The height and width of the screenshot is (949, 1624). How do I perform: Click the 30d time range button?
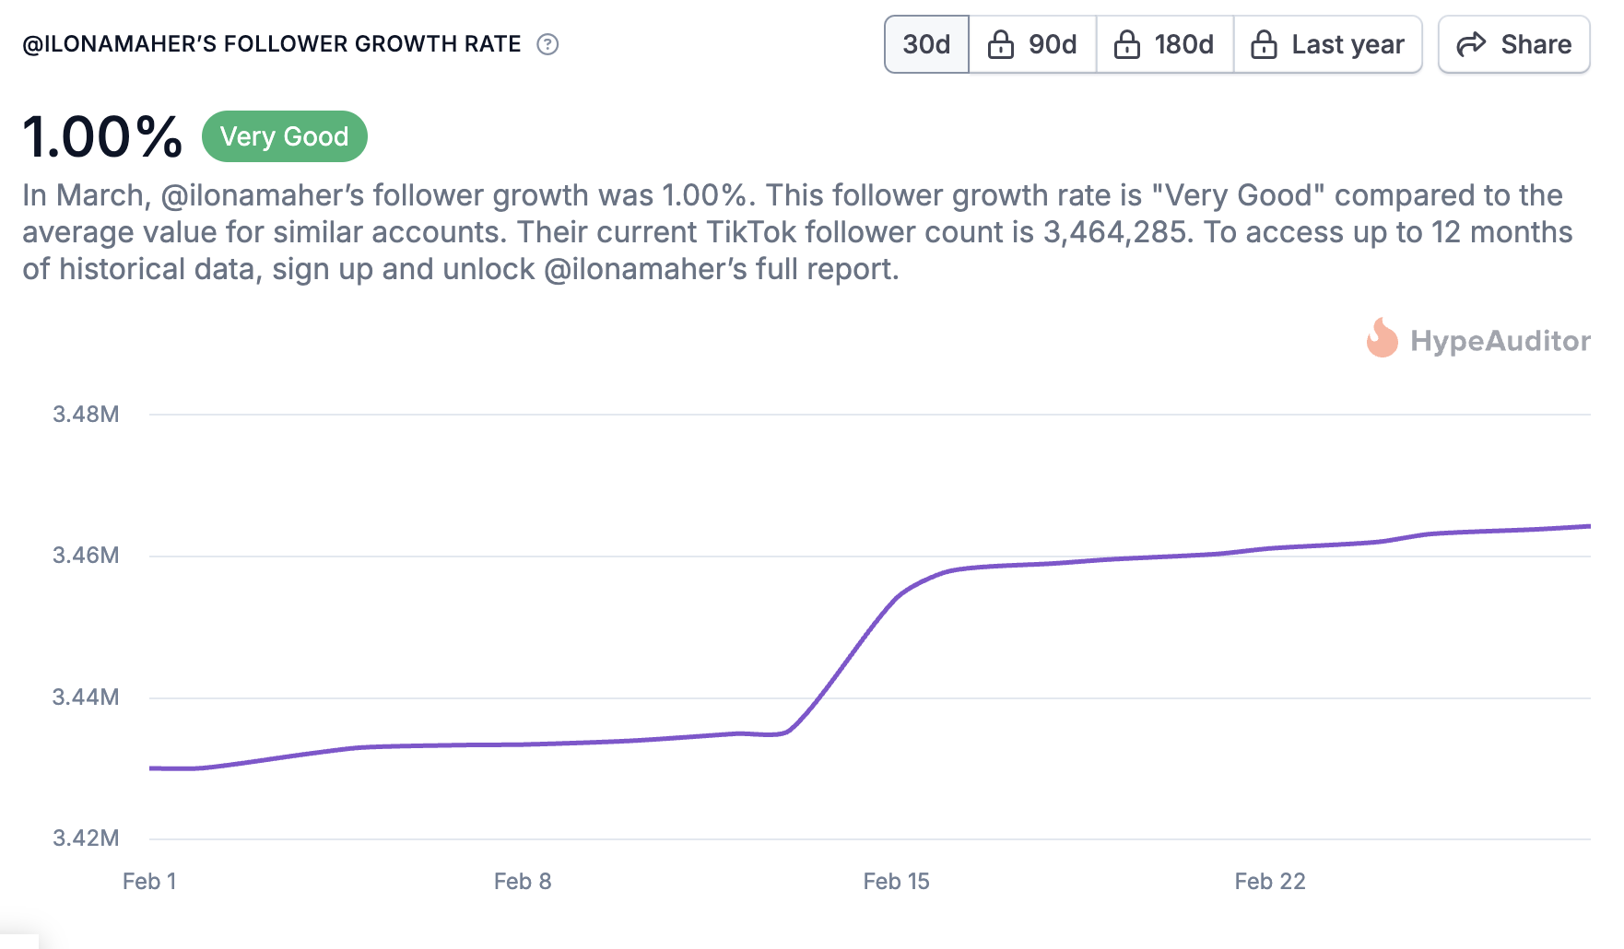pos(926,44)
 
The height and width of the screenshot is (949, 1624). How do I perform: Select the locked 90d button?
pos(1033,44)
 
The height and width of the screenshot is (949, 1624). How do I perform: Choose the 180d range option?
pos(1165,44)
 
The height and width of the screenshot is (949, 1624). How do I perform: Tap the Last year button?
pos(1328,44)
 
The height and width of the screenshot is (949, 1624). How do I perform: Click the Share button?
pos(1514,44)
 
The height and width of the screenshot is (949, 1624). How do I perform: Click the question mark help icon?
pos(547,44)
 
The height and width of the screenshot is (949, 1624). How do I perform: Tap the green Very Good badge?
pos(284,136)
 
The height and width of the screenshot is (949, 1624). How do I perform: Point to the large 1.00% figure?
pos(102,137)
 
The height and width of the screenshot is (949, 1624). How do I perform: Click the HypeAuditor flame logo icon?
pos(1382,339)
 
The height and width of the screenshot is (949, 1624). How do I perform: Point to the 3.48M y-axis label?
pos(86,415)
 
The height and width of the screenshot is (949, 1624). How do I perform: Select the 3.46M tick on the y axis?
pos(86,556)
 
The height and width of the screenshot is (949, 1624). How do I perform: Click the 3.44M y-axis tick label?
pos(86,697)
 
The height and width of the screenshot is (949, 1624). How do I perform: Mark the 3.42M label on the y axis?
pos(86,838)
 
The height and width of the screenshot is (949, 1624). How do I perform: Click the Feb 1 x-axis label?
pos(149,882)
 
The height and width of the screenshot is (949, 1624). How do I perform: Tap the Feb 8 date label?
pos(523,882)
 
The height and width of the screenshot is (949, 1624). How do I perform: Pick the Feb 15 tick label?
pos(896,882)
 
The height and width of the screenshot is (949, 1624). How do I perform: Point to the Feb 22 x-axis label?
pos(1270,882)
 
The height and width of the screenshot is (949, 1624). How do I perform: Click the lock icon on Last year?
pos(1264,44)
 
